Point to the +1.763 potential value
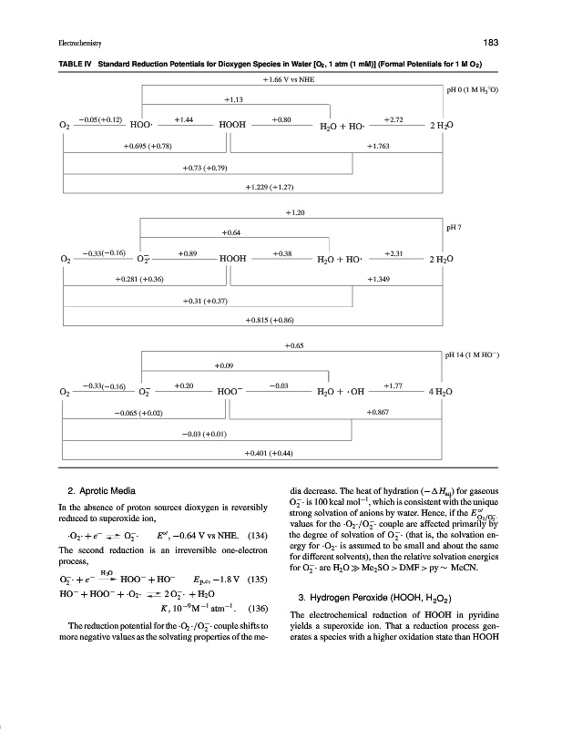point(378,145)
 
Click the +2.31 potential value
point(393,252)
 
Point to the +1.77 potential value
point(393,386)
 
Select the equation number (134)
point(259,533)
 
